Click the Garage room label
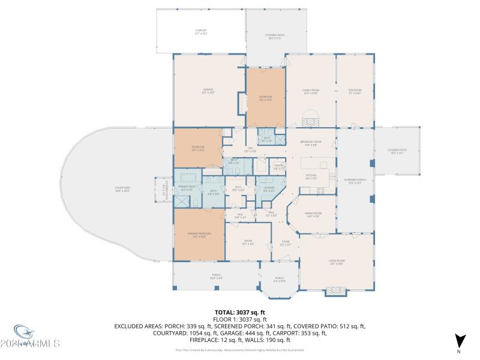(x=208, y=91)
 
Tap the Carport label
(x=200, y=32)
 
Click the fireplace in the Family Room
(x=310, y=119)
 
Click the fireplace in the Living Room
(x=335, y=292)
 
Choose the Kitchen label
(x=310, y=176)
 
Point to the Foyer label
(x=286, y=243)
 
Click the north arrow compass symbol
(x=459, y=341)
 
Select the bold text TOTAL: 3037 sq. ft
(x=240, y=313)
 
